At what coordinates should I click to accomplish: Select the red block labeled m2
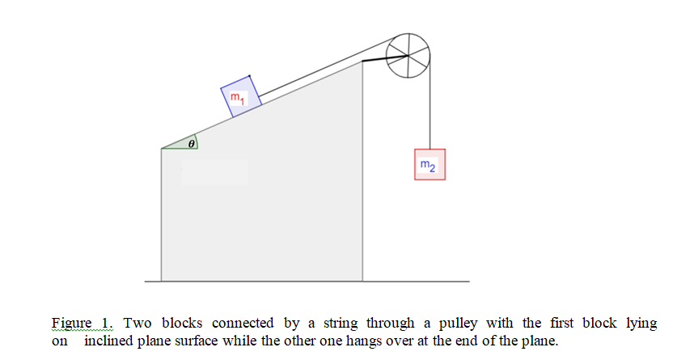click(x=429, y=165)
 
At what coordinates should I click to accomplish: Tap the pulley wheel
click(x=408, y=55)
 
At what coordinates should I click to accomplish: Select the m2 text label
click(x=429, y=167)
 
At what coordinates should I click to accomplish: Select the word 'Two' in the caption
click(x=137, y=324)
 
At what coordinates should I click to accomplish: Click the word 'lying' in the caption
click(x=641, y=324)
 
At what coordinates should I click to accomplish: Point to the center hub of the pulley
click(x=408, y=55)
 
